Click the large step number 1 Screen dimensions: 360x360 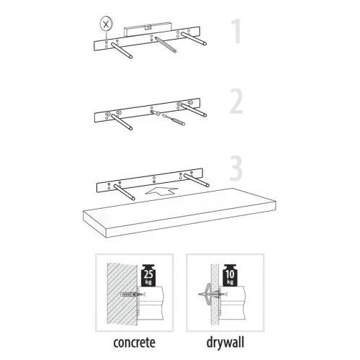(236, 31)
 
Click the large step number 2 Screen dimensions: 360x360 (237, 101)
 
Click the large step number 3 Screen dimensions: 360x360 (236, 168)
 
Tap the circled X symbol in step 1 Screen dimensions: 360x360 (107, 24)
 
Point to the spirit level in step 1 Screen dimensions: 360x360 (147, 28)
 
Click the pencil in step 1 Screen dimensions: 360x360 (166, 45)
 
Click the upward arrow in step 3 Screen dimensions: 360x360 (162, 191)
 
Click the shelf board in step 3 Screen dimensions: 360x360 (179, 212)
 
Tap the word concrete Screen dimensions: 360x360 (134, 343)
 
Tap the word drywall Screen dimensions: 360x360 (225, 343)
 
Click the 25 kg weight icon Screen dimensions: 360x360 (149, 275)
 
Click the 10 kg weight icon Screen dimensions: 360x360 (230, 275)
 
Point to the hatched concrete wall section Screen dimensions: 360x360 (122, 294)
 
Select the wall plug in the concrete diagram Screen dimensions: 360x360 (129, 294)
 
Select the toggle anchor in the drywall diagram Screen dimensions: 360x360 (209, 294)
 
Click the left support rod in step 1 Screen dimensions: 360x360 (121, 50)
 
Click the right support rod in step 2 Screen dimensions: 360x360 (194, 110)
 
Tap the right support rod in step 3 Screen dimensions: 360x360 (197, 180)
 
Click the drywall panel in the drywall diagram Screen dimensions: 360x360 (215, 294)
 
